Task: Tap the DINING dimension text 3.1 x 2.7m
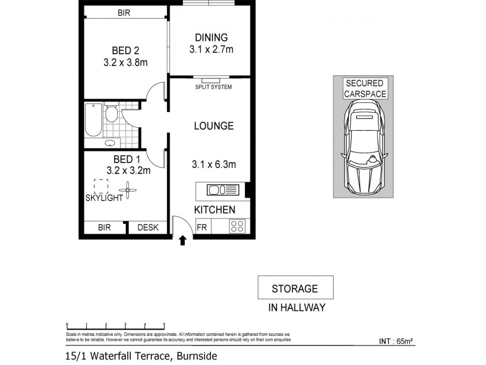click(x=210, y=50)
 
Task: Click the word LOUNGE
click(x=213, y=127)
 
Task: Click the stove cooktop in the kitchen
click(x=237, y=227)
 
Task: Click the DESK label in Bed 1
click(x=148, y=228)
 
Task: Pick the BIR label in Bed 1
click(x=104, y=228)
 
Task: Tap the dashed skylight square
click(x=101, y=186)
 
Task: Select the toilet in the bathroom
click(x=111, y=115)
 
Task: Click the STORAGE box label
click(x=295, y=288)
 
